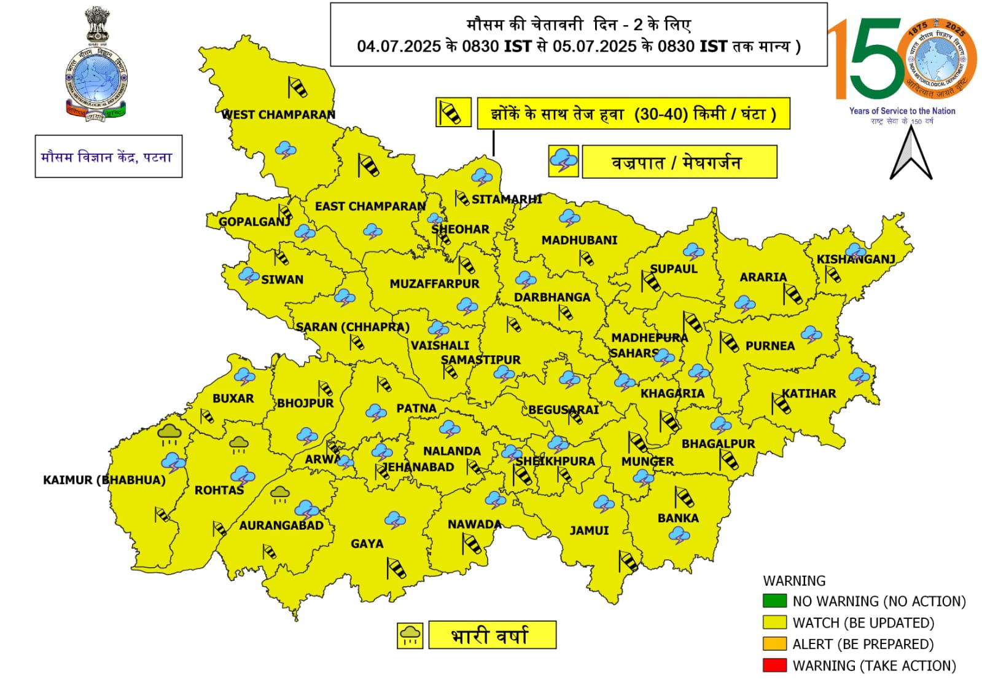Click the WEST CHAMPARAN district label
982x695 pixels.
[x=278, y=114]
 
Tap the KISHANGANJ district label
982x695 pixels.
[x=855, y=259]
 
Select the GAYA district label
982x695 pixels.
[x=367, y=544]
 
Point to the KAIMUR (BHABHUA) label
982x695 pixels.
[x=104, y=480]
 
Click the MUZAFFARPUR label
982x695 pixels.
[x=434, y=284]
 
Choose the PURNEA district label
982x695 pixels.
[x=770, y=346]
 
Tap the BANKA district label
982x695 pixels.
[x=678, y=518]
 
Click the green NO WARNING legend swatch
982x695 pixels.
[x=774, y=600]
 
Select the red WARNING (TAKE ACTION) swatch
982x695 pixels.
[x=774, y=665]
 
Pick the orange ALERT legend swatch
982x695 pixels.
[x=774, y=643]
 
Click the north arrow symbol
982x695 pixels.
[x=911, y=154]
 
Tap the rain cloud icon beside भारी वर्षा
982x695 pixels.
[x=410, y=635]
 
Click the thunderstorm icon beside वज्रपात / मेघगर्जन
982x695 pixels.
[x=563, y=162]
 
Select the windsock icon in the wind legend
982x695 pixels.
[x=453, y=113]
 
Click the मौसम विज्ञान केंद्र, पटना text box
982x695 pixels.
[x=108, y=157]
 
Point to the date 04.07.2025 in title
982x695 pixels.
[x=399, y=47]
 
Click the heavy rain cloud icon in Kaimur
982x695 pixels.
[x=170, y=434]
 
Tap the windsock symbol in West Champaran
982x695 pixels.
[x=297, y=87]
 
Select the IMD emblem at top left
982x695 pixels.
[x=96, y=65]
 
